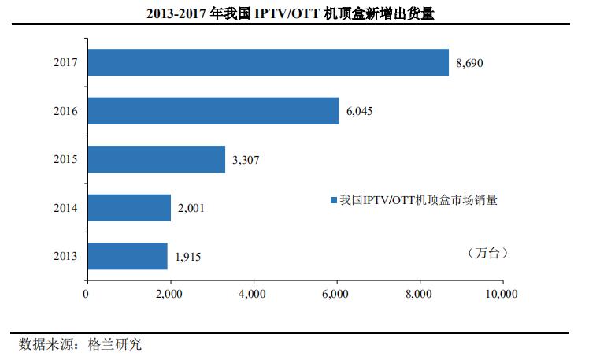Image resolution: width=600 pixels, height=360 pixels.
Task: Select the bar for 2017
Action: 268,62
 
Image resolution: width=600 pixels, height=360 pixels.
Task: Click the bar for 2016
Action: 213,111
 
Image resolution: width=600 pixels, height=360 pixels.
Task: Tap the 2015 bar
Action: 156,159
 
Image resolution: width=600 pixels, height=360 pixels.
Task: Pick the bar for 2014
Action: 129,208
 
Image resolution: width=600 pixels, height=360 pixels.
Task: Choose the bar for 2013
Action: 127,256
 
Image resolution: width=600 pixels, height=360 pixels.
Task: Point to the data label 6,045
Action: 358,111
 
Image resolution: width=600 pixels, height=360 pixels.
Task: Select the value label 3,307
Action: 245,160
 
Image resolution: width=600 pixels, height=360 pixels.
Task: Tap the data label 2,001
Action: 191,208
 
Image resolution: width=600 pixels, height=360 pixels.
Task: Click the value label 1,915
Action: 187,257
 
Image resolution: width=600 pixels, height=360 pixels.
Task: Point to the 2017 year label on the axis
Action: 65,62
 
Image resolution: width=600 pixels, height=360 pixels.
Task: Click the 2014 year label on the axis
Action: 65,208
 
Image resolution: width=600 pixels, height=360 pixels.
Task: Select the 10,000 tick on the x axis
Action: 501,295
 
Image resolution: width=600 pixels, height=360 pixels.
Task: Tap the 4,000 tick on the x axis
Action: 253,295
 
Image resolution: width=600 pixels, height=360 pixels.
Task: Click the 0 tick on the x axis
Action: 86,295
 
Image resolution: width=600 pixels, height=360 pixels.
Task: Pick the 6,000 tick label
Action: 336,295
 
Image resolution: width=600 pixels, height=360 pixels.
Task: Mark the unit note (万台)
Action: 483,253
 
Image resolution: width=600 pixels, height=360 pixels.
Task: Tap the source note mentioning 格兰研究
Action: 80,344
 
